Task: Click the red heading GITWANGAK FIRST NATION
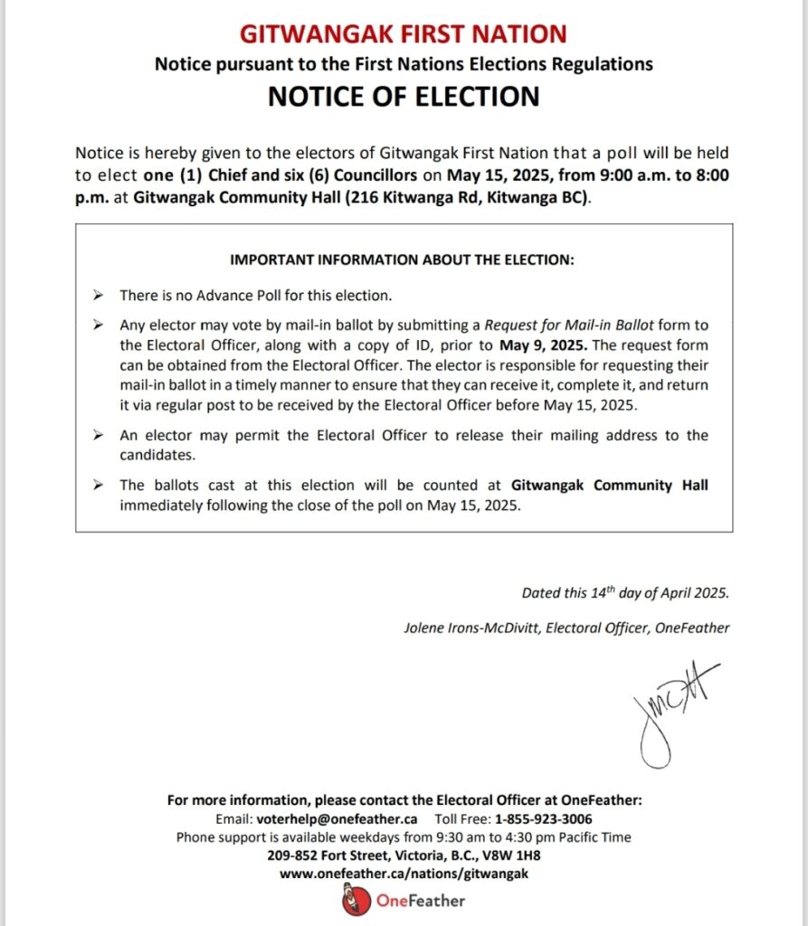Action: point(404,34)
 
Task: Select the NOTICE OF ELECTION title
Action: point(404,96)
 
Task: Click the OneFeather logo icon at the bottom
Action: point(356,901)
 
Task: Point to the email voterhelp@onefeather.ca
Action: point(329,819)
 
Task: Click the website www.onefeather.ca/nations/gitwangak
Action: point(404,874)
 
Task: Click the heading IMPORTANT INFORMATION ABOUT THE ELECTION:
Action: point(403,260)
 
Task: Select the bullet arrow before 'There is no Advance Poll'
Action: point(98,296)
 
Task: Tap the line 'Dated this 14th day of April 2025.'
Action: point(624,594)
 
